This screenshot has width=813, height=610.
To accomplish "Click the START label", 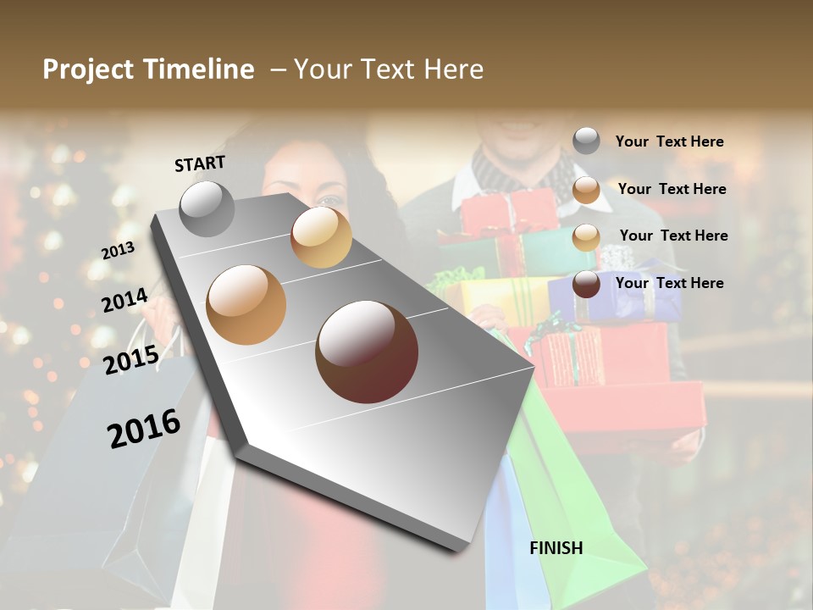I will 200,164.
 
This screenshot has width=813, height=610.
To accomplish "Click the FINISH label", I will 556,548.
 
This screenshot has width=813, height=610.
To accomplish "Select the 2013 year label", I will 118,251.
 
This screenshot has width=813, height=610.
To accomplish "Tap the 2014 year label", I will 125,300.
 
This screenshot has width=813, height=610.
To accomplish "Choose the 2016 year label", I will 144,429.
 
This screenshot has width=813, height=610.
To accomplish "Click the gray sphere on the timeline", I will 207,209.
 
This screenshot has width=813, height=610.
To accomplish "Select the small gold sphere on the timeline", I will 321,236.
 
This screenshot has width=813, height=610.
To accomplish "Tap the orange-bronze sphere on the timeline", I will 246,304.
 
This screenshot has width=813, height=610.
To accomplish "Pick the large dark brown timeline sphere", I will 367,352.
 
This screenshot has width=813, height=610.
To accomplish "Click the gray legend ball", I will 586,141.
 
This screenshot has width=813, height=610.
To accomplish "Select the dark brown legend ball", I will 586,284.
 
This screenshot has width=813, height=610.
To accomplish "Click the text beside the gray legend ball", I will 669,141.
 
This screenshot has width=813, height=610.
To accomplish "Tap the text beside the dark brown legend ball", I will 669,283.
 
